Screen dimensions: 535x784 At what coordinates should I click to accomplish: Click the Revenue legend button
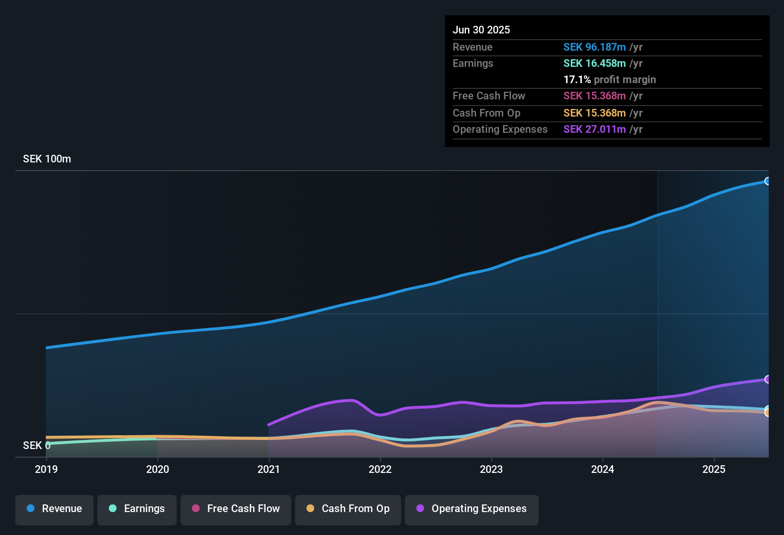[x=54, y=509]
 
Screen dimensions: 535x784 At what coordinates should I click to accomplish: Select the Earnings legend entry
[x=137, y=509]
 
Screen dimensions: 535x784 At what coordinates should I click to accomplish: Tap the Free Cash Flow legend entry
[x=236, y=509]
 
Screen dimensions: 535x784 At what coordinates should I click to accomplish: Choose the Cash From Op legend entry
[x=348, y=509]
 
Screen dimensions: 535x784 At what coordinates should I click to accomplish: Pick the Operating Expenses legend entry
[x=472, y=509]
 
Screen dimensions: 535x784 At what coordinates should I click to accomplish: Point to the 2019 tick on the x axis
[x=46, y=469]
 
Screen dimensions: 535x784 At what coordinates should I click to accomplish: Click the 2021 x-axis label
[x=269, y=469]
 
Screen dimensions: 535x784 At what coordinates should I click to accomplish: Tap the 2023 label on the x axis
[x=491, y=469]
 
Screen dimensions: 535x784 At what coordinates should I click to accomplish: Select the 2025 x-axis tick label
[x=714, y=469]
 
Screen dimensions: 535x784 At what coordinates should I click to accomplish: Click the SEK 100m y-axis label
[x=47, y=159]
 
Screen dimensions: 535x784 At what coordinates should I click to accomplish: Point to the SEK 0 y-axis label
[x=36, y=446]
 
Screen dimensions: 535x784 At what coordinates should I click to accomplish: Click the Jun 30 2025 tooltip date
[x=481, y=30]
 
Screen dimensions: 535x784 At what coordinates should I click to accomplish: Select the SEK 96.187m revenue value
[x=594, y=47]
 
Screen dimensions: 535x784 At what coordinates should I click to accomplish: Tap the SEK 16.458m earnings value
[x=594, y=64]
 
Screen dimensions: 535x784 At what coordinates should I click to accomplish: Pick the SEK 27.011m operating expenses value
[x=594, y=129]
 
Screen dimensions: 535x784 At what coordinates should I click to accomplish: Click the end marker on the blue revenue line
[x=767, y=181]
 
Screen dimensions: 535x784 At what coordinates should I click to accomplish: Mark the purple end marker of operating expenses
[x=767, y=379]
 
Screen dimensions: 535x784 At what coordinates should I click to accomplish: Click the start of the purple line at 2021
[x=269, y=424]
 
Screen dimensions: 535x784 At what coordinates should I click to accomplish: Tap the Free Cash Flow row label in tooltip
[x=489, y=96]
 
